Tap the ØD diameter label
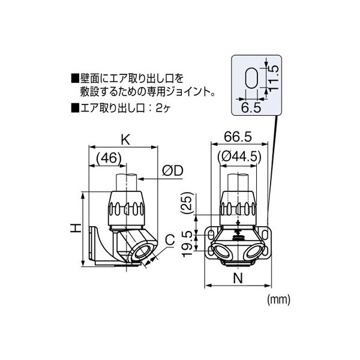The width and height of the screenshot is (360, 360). [173, 172]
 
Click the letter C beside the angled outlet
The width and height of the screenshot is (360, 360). [170, 240]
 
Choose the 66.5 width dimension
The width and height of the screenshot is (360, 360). [239, 137]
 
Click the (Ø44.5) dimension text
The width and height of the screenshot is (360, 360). [240, 156]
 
